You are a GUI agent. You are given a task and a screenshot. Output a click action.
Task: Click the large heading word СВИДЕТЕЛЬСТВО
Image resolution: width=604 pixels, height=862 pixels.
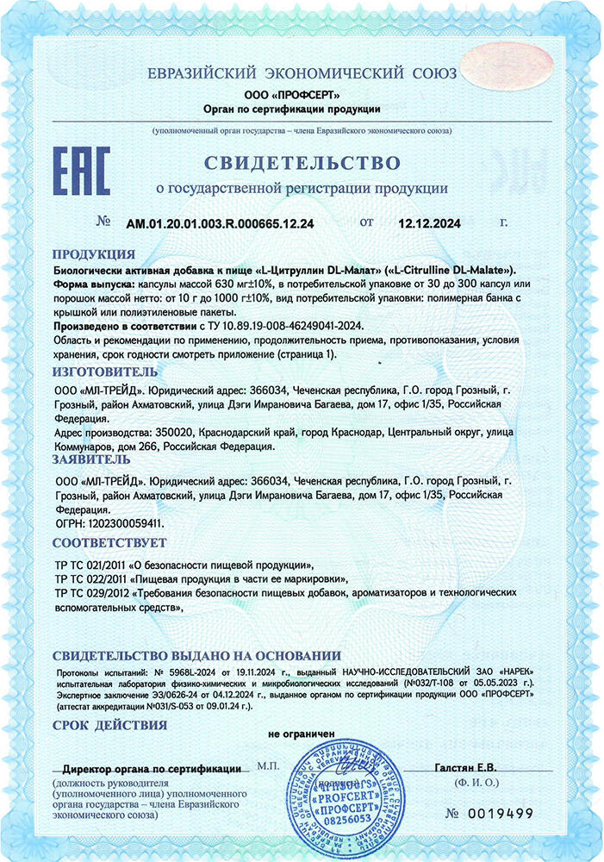point(302,163)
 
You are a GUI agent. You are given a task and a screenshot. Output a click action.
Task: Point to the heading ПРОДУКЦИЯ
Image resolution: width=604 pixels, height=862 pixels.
point(93,254)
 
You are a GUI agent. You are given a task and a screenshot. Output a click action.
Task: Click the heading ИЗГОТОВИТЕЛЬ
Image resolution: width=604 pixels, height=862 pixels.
point(105,371)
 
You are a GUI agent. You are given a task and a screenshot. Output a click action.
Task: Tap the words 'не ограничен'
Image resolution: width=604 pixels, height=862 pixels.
point(302,734)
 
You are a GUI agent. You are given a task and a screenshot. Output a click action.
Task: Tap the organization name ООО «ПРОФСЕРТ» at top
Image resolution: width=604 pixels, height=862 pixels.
point(292,93)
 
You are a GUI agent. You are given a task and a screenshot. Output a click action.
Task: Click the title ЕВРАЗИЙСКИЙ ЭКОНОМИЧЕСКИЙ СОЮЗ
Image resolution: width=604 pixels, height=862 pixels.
point(292,72)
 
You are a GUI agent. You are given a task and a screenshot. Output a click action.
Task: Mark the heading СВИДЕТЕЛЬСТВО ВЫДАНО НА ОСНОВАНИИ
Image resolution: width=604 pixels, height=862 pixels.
point(196,656)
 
